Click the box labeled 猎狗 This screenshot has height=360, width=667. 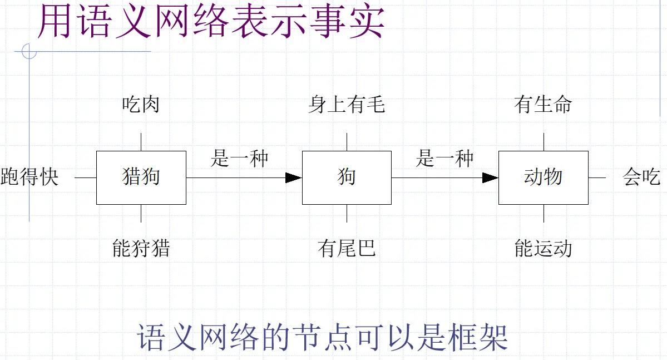[141, 177]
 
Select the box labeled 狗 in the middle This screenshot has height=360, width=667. [347, 177]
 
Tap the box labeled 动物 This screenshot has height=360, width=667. [543, 177]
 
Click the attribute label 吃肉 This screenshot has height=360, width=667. [141, 104]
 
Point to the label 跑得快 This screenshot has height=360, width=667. [29, 177]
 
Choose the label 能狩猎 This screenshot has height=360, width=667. [141, 248]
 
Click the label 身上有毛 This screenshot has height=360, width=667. [347, 104]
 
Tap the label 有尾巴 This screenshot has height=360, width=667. [347, 248]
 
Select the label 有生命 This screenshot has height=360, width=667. [543, 104]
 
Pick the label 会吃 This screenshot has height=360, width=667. [641, 177]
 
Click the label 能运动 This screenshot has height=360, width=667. [543, 248]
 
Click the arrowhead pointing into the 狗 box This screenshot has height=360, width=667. [293, 177]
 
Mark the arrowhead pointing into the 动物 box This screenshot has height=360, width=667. [490, 177]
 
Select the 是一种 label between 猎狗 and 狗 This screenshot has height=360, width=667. [239, 159]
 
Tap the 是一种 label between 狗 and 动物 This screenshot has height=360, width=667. [444, 159]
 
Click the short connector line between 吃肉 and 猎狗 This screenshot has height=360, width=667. [141, 142]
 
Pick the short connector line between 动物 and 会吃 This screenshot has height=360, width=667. [597, 177]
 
